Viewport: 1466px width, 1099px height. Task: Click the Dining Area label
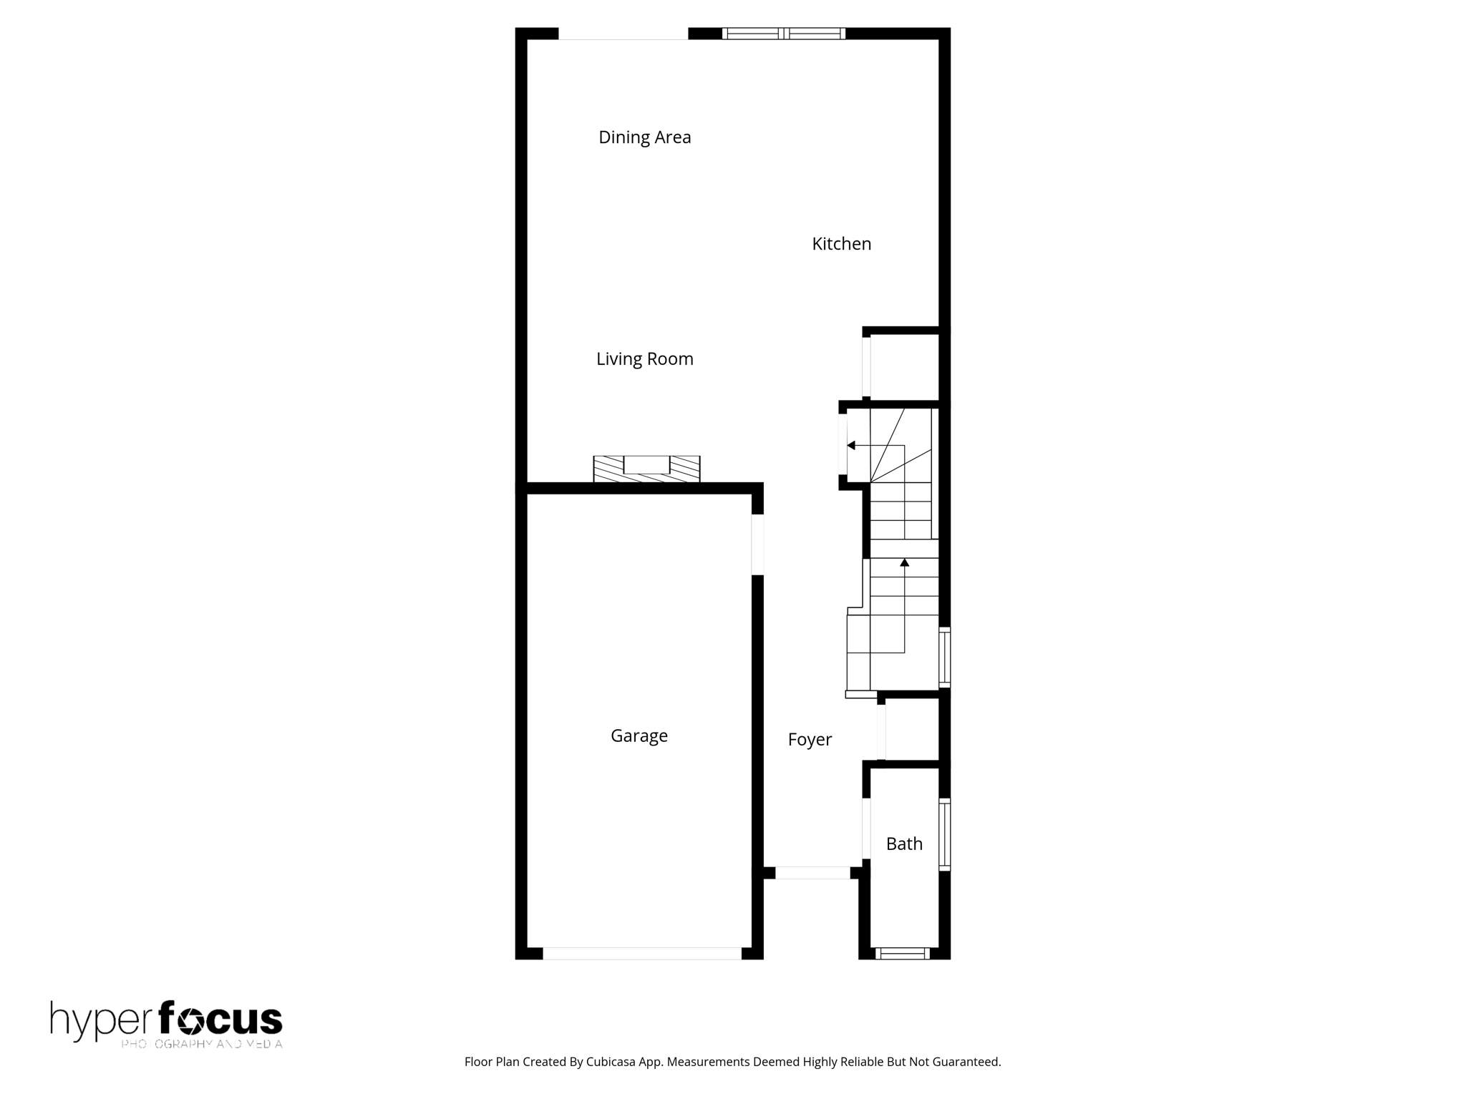[644, 137]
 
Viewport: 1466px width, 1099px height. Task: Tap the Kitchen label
[841, 244]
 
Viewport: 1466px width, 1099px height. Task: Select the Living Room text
[644, 359]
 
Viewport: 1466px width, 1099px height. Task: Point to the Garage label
[639, 736]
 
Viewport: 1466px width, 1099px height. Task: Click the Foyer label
[809, 740]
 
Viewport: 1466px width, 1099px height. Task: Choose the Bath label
[904, 844]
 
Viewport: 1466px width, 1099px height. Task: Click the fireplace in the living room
[646, 469]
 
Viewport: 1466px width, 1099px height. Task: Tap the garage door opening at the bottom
[641, 953]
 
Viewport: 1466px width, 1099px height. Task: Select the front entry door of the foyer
[812, 873]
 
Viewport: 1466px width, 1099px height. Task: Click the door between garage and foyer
[757, 544]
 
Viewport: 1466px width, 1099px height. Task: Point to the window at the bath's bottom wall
[902, 953]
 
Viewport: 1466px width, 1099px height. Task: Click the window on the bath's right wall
[944, 834]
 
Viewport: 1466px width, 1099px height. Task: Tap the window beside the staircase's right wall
[944, 657]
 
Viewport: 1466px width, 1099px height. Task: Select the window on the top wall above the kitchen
[784, 33]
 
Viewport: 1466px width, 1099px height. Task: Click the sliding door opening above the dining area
[623, 34]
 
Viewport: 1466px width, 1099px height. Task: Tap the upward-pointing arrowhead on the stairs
[904, 563]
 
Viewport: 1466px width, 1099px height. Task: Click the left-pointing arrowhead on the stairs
[851, 445]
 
